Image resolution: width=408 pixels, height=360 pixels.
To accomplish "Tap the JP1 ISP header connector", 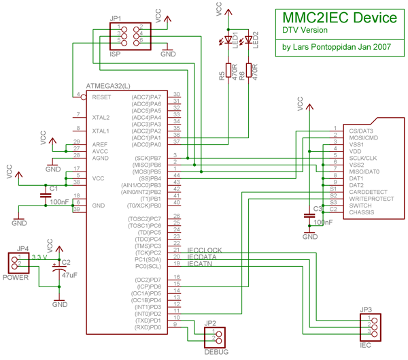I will (129, 35).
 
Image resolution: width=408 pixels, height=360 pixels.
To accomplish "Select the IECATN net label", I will (201, 264).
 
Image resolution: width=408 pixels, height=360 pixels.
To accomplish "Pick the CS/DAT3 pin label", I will (360, 131).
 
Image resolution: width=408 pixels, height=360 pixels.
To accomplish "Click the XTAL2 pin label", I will (101, 117).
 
